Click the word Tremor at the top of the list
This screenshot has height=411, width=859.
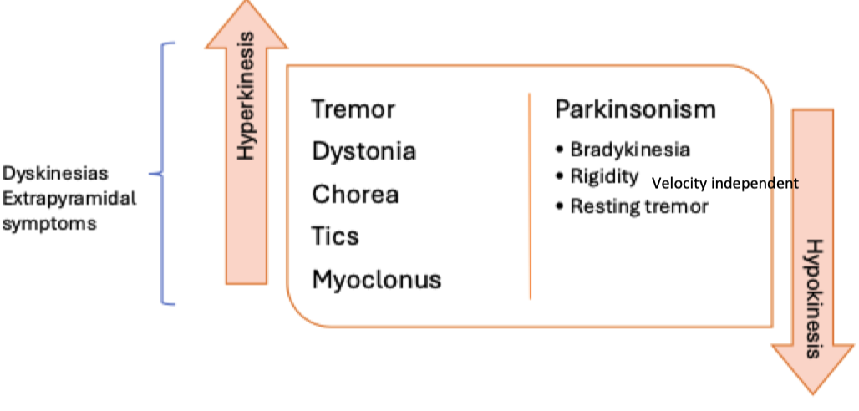[x=353, y=109]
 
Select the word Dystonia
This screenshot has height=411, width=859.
[x=364, y=152]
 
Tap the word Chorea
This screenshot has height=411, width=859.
[x=355, y=195]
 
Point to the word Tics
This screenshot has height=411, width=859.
[x=335, y=236]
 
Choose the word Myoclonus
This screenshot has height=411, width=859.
[x=376, y=280]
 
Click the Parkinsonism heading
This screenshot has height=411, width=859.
[x=635, y=109]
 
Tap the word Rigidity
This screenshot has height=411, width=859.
[x=604, y=177]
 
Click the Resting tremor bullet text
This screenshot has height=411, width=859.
[x=639, y=205]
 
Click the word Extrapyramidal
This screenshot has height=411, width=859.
[x=68, y=200]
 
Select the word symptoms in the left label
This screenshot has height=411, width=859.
[x=49, y=225]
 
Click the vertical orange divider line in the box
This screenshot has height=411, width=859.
[x=530, y=196]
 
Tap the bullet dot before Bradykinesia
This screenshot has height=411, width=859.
[x=560, y=150]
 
